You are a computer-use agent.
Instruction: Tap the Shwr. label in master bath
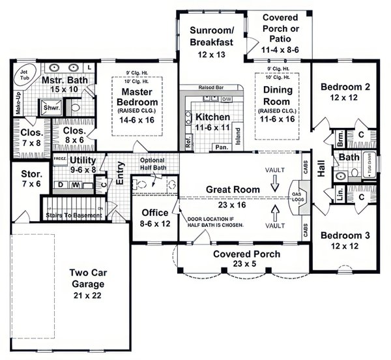click(48, 108)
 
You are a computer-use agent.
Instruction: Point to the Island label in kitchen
click(237, 136)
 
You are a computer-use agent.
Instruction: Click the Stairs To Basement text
click(72, 213)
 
